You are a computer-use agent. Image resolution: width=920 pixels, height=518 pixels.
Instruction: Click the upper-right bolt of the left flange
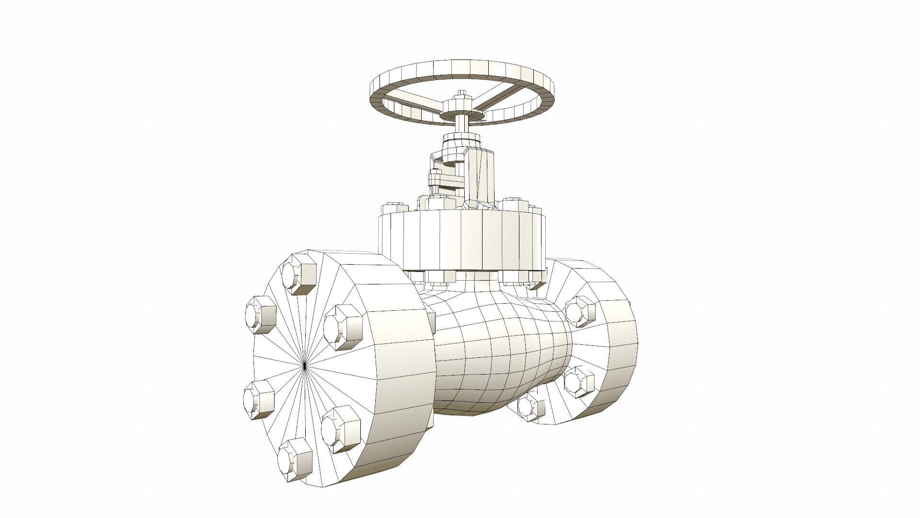342,327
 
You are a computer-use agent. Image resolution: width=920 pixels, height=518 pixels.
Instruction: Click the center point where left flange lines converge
305,366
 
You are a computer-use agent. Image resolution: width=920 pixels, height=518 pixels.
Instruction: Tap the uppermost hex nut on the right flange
579,309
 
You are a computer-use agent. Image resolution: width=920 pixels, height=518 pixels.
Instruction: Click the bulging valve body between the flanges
498,355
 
